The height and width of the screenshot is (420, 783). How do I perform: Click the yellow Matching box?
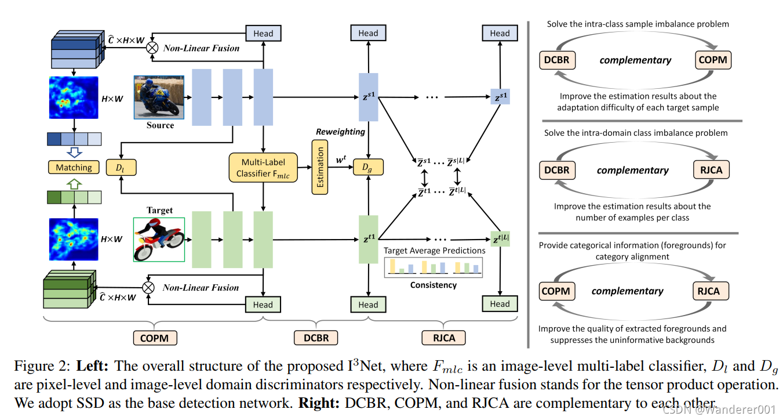coord(74,168)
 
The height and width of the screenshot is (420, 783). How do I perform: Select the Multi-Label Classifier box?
coord(263,168)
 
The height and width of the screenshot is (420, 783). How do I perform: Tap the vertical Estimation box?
coord(320,168)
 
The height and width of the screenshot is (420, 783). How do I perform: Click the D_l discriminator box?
coord(120,168)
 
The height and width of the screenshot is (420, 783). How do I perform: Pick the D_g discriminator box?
coord(368,168)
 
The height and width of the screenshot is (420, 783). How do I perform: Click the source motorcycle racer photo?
coord(154,97)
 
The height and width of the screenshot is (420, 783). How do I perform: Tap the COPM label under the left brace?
coord(155,338)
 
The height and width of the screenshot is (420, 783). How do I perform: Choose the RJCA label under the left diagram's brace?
coord(443,338)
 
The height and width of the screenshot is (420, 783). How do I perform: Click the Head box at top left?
coord(263,33)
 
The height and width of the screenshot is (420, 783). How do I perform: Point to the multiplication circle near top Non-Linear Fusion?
coord(151,48)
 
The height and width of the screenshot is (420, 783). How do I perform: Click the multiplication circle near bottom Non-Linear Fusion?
coord(149,288)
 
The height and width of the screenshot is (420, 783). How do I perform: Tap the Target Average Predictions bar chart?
coord(433,266)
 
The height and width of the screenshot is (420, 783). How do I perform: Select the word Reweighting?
coord(340,132)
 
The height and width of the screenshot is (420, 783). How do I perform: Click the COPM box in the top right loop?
coord(712,59)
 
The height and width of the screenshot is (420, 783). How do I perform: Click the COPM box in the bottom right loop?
coord(556,291)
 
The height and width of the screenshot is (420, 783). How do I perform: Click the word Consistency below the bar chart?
coord(433,285)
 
